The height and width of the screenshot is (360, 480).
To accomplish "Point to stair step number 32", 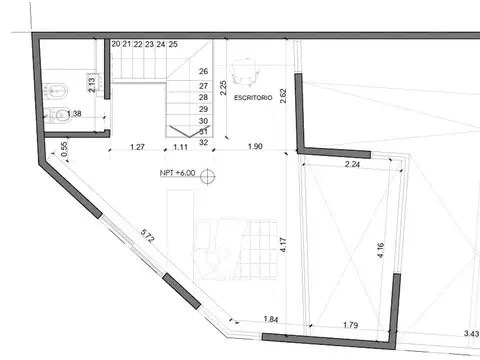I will [204, 142].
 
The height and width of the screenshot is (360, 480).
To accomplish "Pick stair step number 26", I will [204, 72].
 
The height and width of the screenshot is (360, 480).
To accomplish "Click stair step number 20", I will [116, 45].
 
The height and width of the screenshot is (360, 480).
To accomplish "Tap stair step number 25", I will [174, 45].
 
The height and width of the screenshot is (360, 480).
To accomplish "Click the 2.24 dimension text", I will [352, 164].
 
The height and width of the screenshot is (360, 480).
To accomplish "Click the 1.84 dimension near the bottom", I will [271, 319].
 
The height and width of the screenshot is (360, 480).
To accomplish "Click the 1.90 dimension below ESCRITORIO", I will [254, 148].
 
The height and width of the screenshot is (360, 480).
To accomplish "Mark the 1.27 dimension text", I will [140, 148].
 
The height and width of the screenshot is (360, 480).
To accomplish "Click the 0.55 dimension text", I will [64, 148].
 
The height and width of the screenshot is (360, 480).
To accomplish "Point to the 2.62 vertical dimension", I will [284, 97].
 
